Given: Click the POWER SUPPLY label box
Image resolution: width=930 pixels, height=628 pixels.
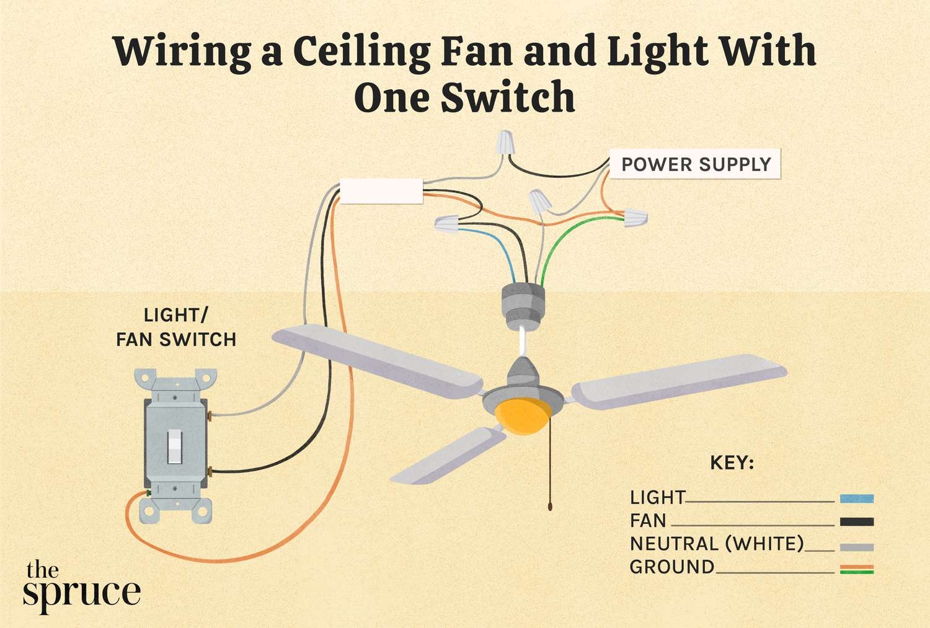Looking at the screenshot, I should tap(695, 164).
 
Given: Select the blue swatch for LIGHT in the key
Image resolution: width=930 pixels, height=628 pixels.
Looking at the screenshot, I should tap(856, 498).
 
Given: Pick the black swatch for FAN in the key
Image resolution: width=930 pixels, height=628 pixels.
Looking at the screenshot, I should tap(856, 522).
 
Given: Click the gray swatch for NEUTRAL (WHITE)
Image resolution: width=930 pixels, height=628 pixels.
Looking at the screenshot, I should tap(856, 547).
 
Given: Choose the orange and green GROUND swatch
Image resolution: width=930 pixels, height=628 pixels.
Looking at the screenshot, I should tap(856, 569).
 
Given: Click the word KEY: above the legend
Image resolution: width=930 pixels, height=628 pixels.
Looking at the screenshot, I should tap(732, 463).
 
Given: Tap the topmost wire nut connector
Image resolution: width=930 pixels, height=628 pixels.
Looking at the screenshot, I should tap(507, 143).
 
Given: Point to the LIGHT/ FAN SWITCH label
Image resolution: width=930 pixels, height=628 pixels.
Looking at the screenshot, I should tap(176, 327).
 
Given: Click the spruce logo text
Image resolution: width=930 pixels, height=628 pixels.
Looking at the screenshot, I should tap(81, 585).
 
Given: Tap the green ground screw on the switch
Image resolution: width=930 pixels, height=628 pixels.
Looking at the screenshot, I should tap(149, 493).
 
